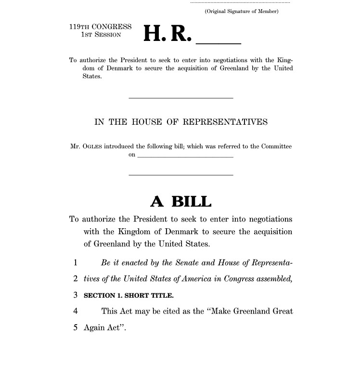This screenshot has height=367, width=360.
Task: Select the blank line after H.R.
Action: tap(218, 42)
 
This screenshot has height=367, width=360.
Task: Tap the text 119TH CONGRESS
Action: tap(100, 26)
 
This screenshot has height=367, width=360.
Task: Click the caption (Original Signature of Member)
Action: tap(242, 11)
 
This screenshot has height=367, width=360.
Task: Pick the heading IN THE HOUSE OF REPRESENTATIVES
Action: tap(181, 122)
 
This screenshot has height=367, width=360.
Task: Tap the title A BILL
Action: tap(181, 201)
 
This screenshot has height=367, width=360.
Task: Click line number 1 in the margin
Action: tap(76, 263)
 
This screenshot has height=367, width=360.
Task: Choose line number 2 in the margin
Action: tap(76, 279)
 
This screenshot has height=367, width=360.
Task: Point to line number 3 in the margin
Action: tap(76, 295)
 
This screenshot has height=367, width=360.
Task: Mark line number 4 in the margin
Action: tap(76, 311)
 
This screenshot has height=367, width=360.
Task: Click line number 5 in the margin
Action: tap(76, 328)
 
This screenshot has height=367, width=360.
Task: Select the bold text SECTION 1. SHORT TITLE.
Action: tap(129, 296)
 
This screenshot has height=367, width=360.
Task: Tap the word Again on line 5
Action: tap(93, 328)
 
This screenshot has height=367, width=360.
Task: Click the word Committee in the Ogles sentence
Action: tap(277, 146)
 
